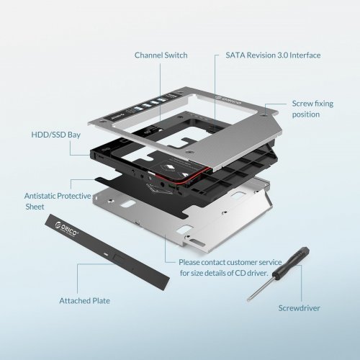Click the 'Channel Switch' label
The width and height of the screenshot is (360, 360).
(161, 55)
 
